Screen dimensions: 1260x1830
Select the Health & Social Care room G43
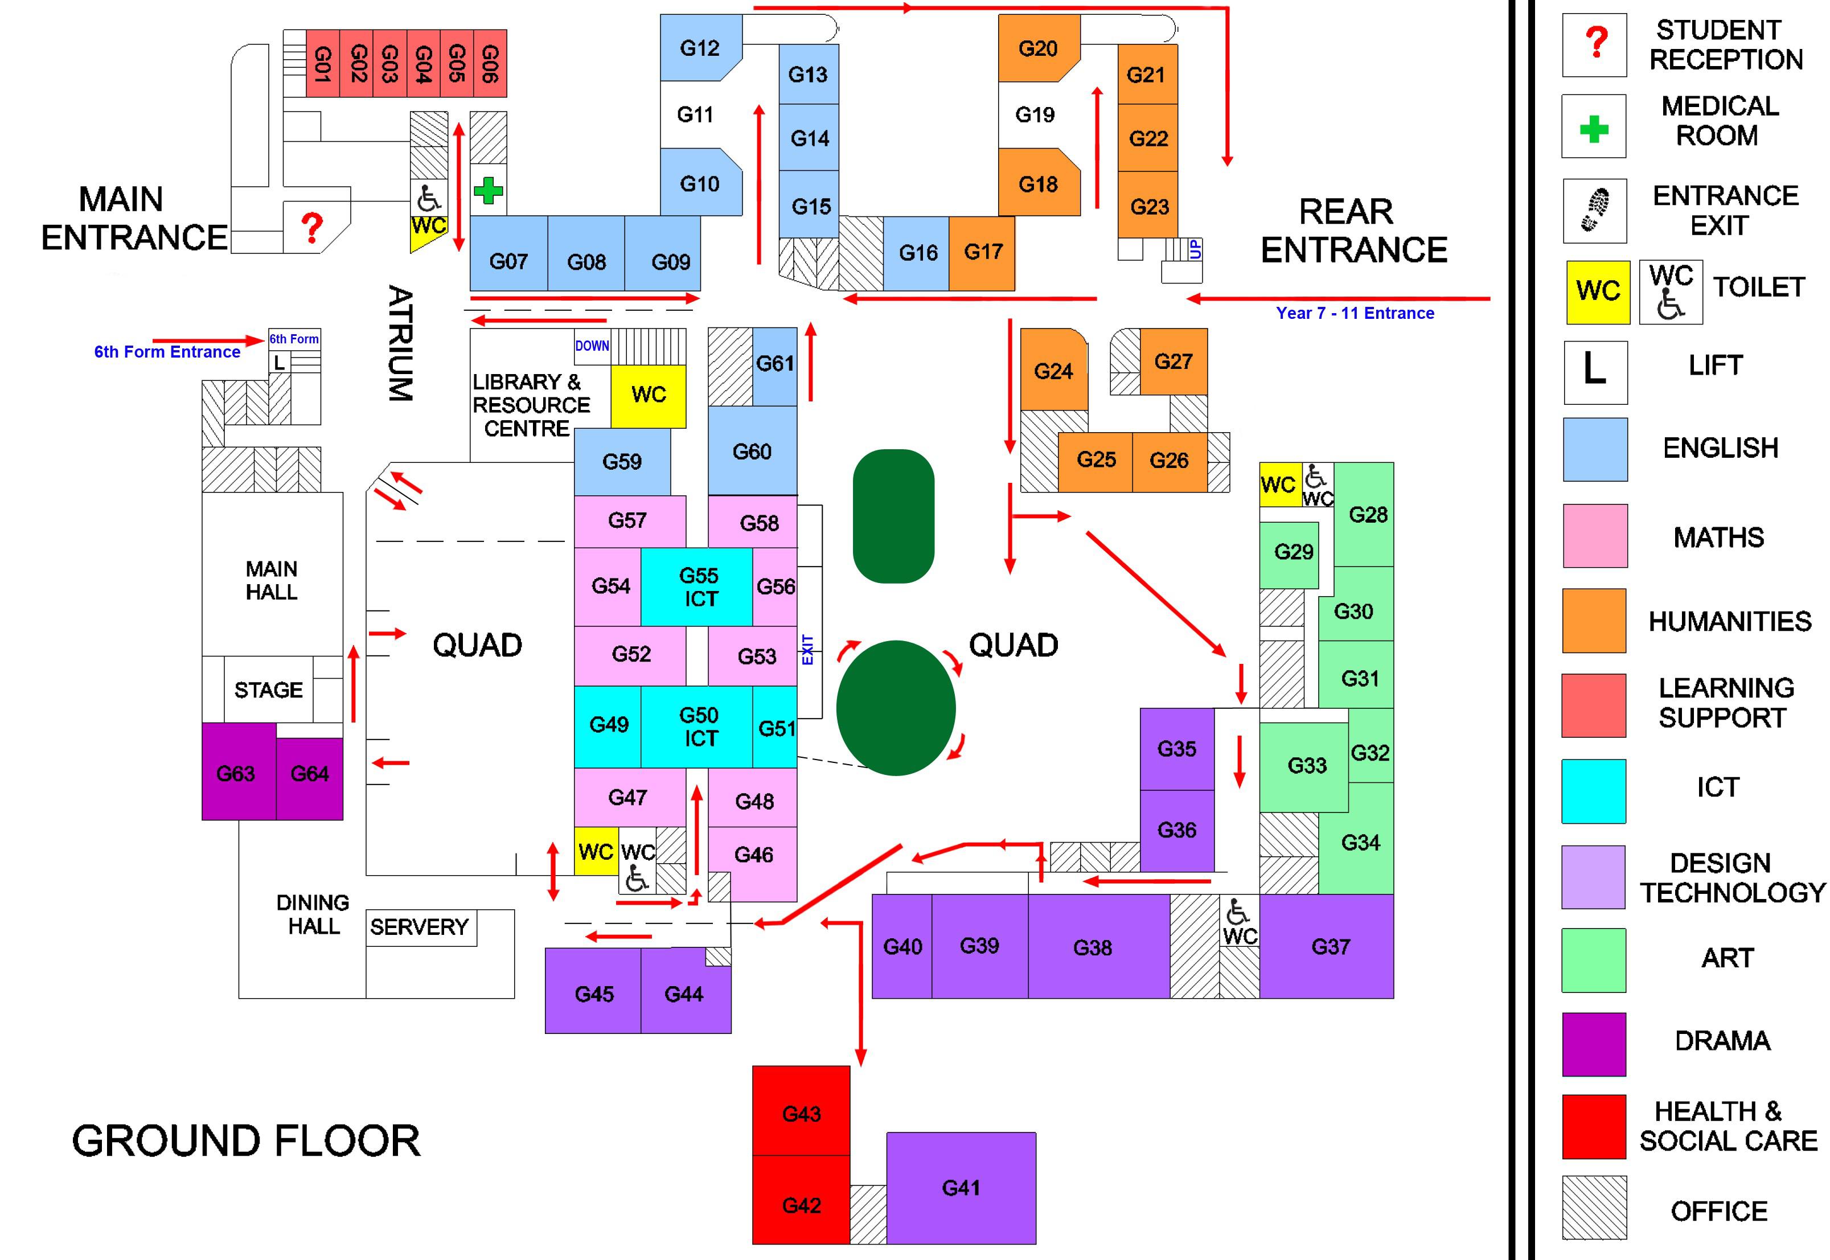(801, 1113)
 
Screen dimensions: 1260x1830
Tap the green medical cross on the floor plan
(488, 190)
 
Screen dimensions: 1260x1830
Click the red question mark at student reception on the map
(313, 227)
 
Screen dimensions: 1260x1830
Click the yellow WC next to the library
(648, 395)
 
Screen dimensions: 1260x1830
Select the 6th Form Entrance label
(167, 352)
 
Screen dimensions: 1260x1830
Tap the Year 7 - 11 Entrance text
(1355, 313)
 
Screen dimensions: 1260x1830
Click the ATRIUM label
(400, 343)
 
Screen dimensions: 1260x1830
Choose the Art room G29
(1293, 552)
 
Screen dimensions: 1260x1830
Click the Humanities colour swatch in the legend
(1594, 621)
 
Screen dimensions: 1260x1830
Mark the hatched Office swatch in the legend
(1594, 1208)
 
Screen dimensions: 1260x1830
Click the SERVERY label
(419, 927)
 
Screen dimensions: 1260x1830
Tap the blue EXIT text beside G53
(807, 650)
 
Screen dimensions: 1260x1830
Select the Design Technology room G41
(961, 1187)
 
